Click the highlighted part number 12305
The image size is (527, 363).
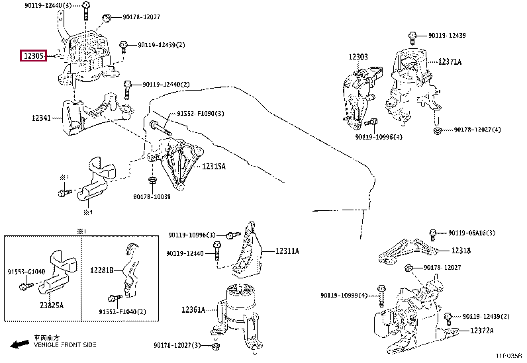32,56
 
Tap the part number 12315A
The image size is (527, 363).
214,167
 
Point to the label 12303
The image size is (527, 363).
358,57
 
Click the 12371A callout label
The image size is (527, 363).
450,61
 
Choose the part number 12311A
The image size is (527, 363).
287,251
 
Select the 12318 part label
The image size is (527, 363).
461,251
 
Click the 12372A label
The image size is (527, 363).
482,331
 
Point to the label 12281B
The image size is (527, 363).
102,270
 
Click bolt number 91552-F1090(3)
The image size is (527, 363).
200,114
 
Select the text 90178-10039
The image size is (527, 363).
152,196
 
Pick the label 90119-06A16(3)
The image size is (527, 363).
472,233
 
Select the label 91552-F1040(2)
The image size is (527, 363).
122,311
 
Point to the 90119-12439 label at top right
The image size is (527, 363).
447,34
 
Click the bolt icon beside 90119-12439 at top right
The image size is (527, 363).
412,34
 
